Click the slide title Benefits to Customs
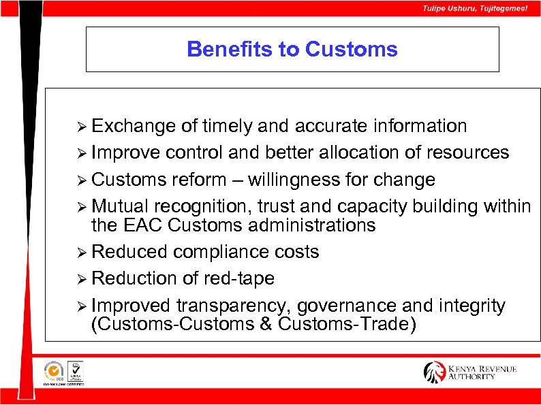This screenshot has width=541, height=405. coord(292,50)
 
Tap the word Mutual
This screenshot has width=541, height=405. coord(121,206)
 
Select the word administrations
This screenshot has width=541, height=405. coord(308,225)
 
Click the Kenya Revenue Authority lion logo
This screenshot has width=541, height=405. coord(434,372)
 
